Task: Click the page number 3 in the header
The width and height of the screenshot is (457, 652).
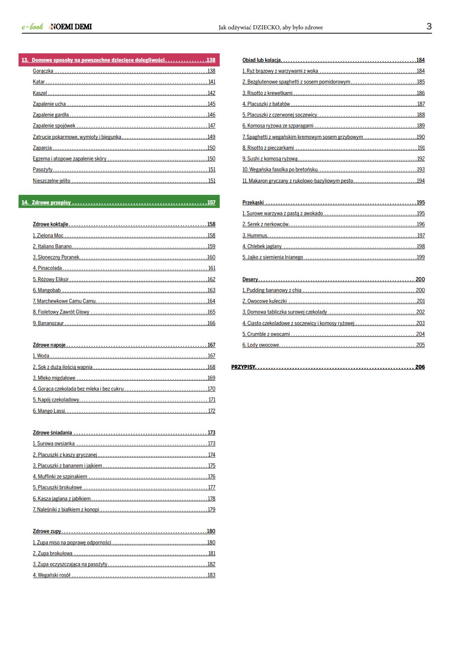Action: coord(429,26)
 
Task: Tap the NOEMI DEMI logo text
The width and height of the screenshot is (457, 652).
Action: coord(71,27)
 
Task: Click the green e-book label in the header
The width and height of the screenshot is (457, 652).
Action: coord(33,27)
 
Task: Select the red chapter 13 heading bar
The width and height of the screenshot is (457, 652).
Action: coord(118,60)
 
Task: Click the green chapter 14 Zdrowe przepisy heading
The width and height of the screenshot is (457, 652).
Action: coord(118,203)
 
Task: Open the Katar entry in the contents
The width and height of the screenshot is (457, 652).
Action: coord(39,82)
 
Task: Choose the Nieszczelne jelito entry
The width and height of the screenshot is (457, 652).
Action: coord(52,181)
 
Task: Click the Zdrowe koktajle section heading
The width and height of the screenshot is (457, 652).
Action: coord(51,224)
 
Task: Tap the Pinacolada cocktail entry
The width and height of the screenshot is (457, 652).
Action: coord(47,268)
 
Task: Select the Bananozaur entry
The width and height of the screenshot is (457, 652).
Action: coord(48,323)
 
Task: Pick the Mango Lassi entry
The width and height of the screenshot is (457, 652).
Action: coord(49,411)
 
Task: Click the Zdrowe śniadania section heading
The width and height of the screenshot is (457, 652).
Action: coord(52,433)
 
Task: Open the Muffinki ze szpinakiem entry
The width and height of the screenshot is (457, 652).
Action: coord(60,477)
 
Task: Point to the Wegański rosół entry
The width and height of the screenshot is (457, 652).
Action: coord(52,575)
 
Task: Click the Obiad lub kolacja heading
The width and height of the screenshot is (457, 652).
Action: coord(262,60)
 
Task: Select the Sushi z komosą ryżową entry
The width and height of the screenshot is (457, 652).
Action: coord(270,159)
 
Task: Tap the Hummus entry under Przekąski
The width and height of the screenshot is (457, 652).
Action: coord(255,236)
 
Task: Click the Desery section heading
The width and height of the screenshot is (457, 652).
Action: coord(250,279)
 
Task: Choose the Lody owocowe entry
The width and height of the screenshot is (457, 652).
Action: coord(261,345)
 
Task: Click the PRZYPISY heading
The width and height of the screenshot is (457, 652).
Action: coord(243,367)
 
